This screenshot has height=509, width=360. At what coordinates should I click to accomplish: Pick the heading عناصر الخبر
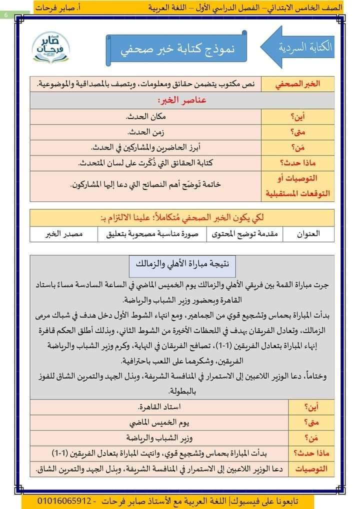182,100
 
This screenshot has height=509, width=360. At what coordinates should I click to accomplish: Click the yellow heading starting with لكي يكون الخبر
182,218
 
